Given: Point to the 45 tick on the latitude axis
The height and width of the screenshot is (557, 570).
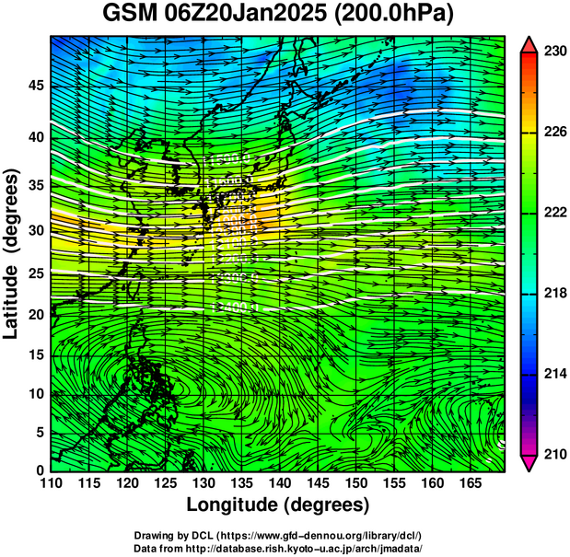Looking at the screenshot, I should tap(35, 86).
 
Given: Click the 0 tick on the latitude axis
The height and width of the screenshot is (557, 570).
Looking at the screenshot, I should tap(39, 470).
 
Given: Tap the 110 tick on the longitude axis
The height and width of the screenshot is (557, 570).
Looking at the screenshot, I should tap(51, 482).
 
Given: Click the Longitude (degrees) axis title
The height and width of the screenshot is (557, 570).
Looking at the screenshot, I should tap(277, 505).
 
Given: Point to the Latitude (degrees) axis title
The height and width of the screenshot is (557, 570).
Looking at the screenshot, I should tap(12, 252).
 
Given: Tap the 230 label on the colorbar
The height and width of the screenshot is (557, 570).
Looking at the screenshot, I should tap(554, 52).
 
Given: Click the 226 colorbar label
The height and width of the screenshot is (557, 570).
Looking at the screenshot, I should tap(554, 133).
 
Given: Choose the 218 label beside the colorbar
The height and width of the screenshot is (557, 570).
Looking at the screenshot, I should tap(554, 294).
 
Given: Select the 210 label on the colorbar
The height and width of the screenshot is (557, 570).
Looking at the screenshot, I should tap(554, 454).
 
